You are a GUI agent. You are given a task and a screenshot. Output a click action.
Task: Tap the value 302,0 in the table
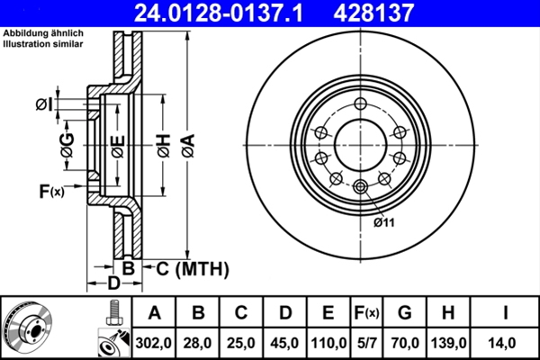154,343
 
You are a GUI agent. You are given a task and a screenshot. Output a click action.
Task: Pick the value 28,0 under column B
198,343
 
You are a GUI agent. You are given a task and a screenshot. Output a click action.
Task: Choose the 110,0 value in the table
328,343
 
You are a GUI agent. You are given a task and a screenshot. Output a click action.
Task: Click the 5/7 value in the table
365,343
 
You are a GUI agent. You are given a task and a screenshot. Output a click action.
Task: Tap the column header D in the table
285,313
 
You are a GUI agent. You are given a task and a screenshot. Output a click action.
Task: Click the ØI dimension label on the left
44,106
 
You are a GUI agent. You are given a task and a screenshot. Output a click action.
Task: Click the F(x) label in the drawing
51,191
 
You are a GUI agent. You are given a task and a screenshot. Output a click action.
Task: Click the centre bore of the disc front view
360,144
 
